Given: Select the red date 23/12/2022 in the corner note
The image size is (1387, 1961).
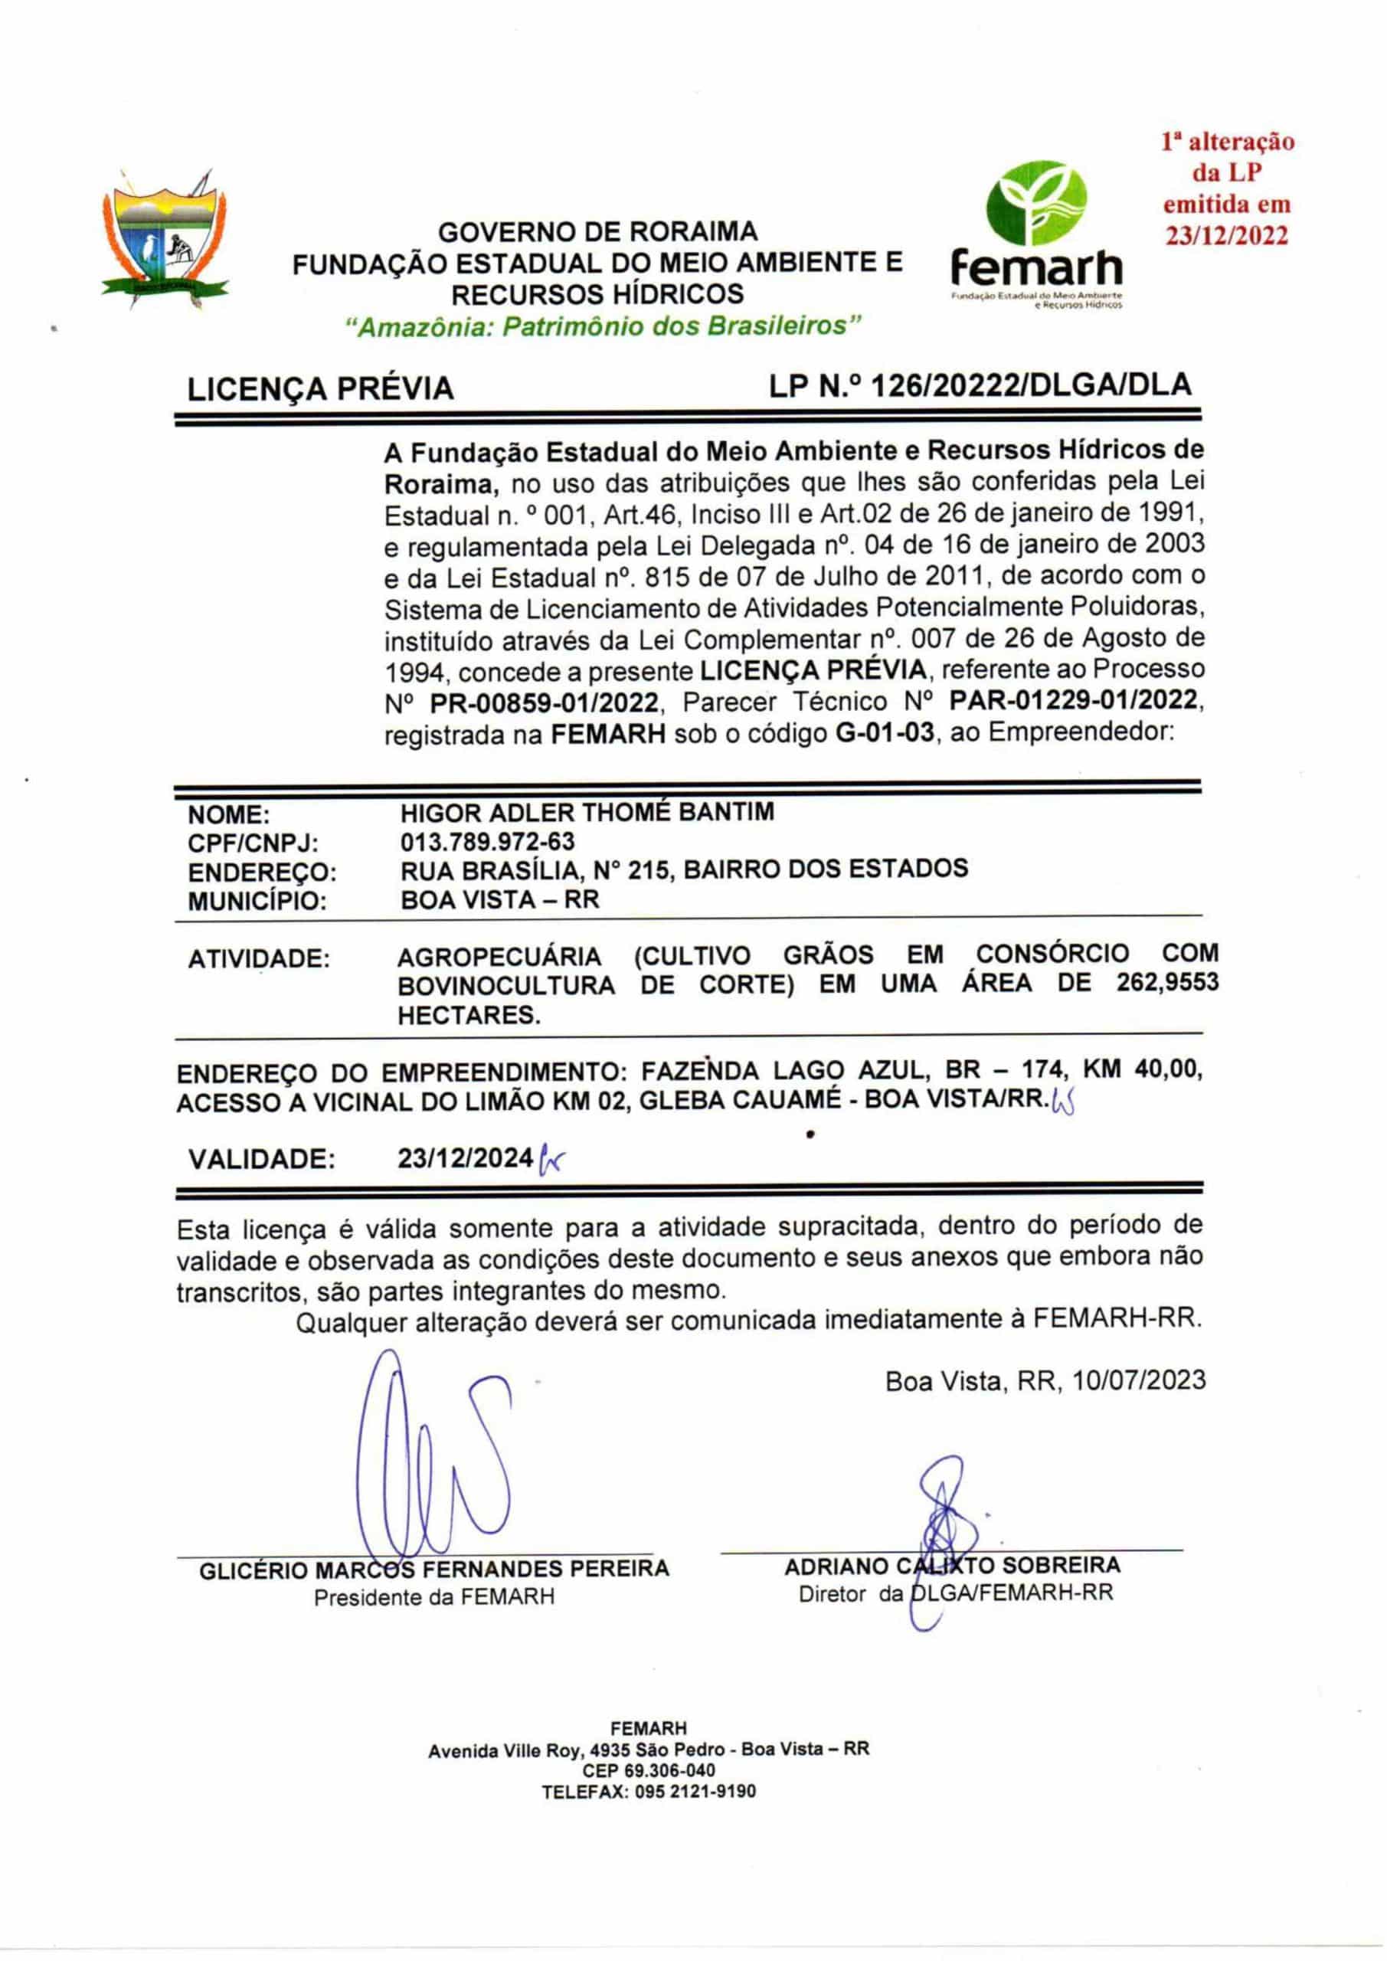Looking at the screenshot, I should pyautogui.click(x=1227, y=237).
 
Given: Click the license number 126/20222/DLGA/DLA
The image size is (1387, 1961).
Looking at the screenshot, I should pyautogui.click(x=1030, y=385).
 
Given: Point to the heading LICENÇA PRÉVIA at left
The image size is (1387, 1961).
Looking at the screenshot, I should pyautogui.click(x=320, y=389).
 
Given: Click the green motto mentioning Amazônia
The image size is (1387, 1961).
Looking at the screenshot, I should pyautogui.click(x=604, y=326).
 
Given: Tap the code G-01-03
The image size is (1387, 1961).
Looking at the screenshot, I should pyautogui.click(x=884, y=733).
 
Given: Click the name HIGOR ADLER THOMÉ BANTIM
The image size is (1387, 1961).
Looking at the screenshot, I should pyautogui.click(x=587, y=811).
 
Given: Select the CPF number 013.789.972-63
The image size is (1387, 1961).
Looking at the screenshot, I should pyautogui.click(x=487, y=841).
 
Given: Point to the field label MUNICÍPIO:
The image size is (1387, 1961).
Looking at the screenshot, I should pyautogui.click(x=257, y=901).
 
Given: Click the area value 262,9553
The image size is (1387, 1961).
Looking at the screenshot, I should pyautogui.click(x=1166, y=983).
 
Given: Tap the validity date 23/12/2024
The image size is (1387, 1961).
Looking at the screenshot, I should pyautogui.click(x=466, y=1158).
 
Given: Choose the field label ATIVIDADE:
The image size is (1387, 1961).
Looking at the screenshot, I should pyautogui.click(x=258, y=959).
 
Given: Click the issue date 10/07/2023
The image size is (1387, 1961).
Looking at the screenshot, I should pyautogui.click(x=1140, y=1380).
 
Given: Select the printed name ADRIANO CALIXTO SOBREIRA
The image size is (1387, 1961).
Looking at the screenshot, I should pyautogui.click(x=952, y=1566).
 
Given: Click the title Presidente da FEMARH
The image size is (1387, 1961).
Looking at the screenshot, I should pyautogui.click(x=433, y=1597).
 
